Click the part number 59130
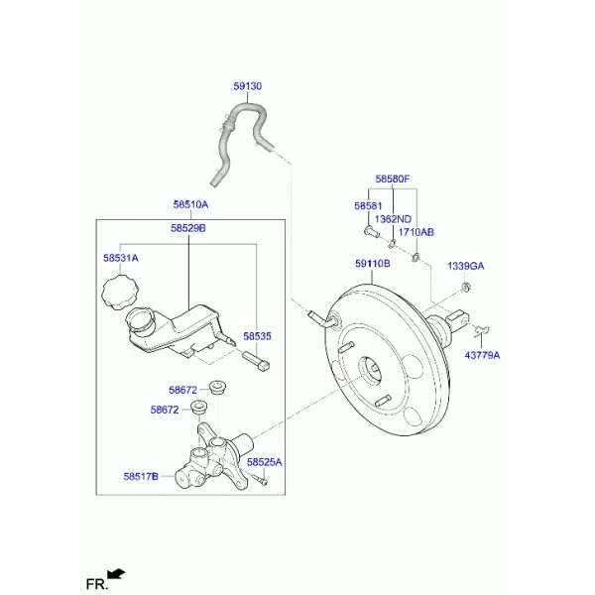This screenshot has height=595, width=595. [247, 86]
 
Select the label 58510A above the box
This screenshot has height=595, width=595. [190, 205]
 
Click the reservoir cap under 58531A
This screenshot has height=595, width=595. [120, 293]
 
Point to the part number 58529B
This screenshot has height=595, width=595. [188, 228]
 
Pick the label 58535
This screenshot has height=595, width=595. [257, 336]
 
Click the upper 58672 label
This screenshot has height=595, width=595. [182, 390]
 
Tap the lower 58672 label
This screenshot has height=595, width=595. [165, 410]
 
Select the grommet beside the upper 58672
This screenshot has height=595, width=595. [218, 387]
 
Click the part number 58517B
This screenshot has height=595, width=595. [141, 476]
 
